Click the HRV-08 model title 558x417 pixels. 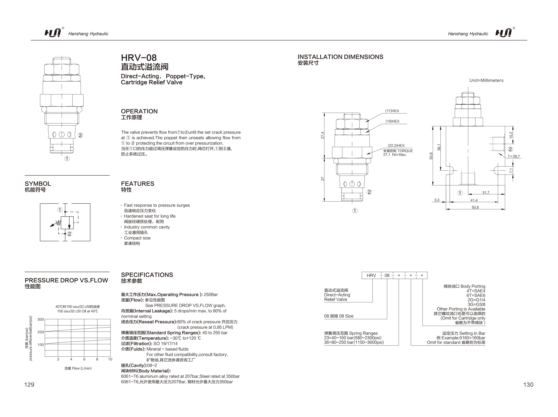pyautogui.click(x=139, y=58)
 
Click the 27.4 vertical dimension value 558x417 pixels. pyautogui.click(x=322, y=135)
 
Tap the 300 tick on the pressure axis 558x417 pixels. pyautogui.click(x=41, y=319)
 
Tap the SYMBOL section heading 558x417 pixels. pyautogui.click(x=38, y=184)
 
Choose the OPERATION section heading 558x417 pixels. pyautogui.click(x=139, y=111)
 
